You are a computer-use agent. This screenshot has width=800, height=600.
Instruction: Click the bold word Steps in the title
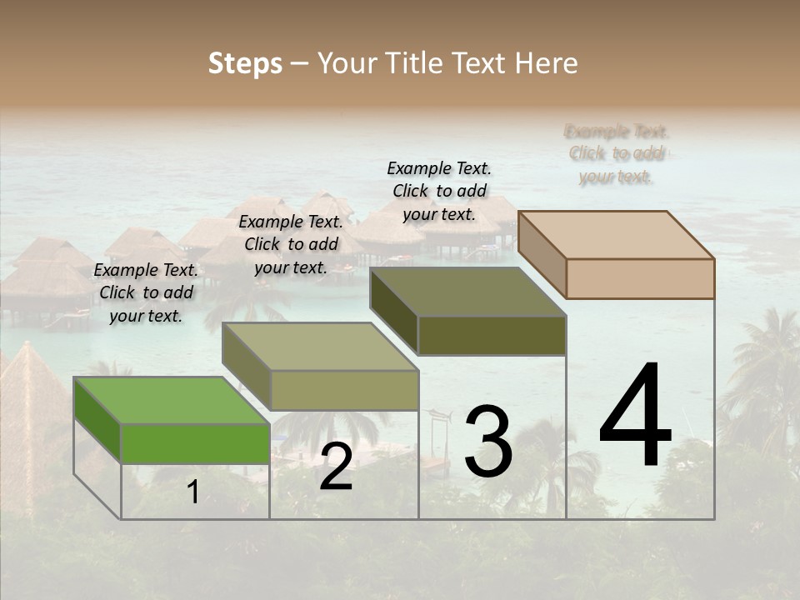pos(245,63)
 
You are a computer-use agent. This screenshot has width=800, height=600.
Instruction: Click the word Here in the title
pos(547,63)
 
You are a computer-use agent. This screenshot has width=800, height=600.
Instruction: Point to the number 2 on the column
pos(336,467)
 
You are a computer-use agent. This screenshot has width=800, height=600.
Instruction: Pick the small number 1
pos(193,492)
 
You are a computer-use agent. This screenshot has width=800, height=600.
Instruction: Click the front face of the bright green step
pos(195,443)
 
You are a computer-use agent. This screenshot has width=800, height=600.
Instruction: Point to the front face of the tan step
pos(640,278)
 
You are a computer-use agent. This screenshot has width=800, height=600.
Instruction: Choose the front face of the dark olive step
pos(492,335)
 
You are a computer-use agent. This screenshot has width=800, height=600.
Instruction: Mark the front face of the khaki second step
pos(343,390)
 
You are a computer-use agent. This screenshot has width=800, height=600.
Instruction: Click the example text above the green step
pos(146,292)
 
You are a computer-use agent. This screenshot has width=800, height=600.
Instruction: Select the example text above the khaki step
pos(291,244)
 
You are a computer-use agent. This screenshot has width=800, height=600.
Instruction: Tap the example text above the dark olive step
pos(439,191)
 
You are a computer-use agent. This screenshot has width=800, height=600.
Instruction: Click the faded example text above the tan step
pos(616,153)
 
